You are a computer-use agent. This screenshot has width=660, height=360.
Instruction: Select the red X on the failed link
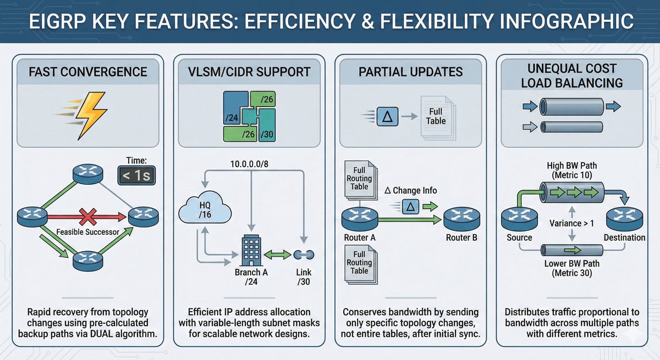(86, 217)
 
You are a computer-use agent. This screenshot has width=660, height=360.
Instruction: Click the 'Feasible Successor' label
(88, 232)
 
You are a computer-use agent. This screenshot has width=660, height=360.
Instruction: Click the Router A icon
(358, 219)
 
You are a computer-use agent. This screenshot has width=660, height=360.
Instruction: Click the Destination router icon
(624, 219)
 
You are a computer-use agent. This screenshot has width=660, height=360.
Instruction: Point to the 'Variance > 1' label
(573, 223)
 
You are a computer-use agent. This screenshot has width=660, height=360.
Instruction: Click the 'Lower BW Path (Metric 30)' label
(573, 268)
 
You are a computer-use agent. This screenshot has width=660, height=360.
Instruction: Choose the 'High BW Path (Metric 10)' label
(573, 170)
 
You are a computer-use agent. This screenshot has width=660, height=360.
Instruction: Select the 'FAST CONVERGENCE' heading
(89, 72)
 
